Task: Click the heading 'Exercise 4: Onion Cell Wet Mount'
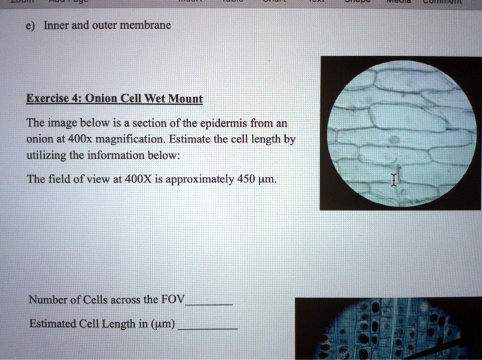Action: [x=114, y=98]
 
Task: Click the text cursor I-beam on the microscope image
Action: [x=394, y=180]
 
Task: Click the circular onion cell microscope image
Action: [x=401, y=132]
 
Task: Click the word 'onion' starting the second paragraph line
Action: [x=39, y=140]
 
